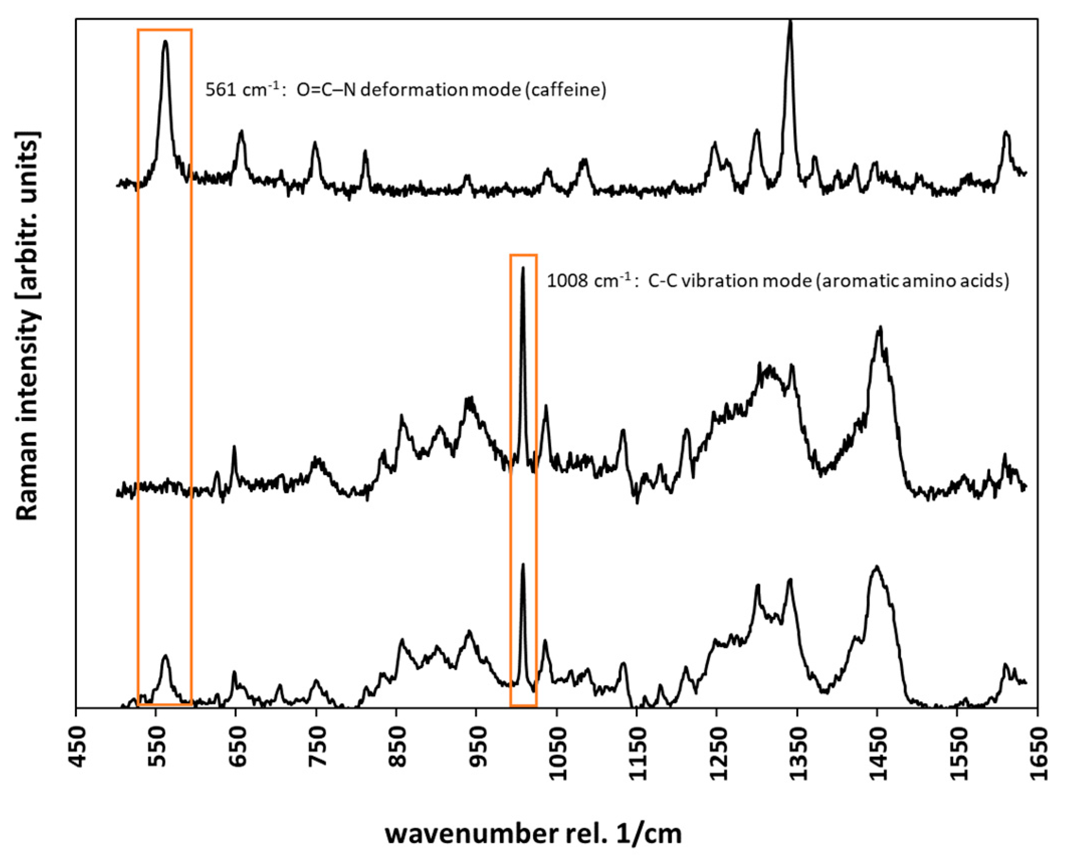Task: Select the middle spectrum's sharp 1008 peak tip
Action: tap(523, 269)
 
